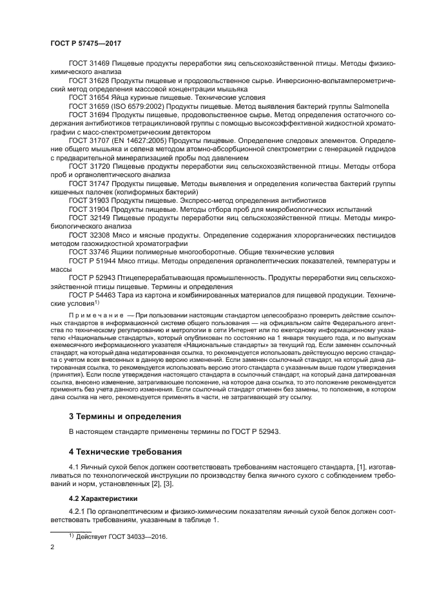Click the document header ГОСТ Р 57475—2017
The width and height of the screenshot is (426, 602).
86,42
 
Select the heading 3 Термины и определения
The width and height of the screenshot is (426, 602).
126,415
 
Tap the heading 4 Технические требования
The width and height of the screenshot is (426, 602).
126,451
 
